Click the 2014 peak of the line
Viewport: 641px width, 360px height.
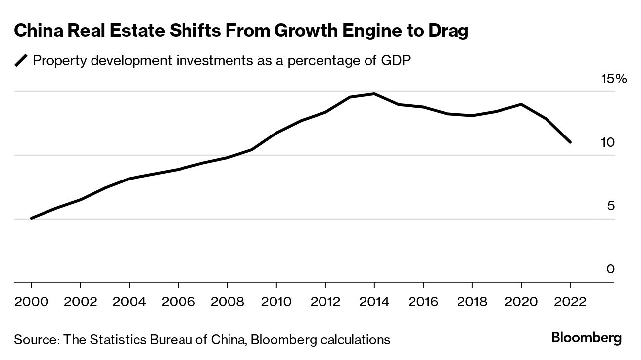tap(374, 94)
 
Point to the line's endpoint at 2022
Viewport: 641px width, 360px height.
tap(570, 142)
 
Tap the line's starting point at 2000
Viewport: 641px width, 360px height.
tap(32, 218)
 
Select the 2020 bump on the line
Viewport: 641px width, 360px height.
tap(521, 104)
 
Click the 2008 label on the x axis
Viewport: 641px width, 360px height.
tap(227, 301)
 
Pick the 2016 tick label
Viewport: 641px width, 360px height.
tap(423, 301)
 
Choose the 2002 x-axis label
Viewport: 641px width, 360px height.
tap(80, 301)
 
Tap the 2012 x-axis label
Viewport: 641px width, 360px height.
tap(325, 301)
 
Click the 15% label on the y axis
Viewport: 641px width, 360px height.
tap(613, 79)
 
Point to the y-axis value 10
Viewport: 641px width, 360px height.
tap(608, 142)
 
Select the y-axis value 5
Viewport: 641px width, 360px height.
tap(611, 206)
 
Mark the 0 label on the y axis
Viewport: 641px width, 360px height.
tap(611, 269)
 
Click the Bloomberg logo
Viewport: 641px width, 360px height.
tap(586, 339)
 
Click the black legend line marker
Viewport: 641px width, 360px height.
tap(21, 61)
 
